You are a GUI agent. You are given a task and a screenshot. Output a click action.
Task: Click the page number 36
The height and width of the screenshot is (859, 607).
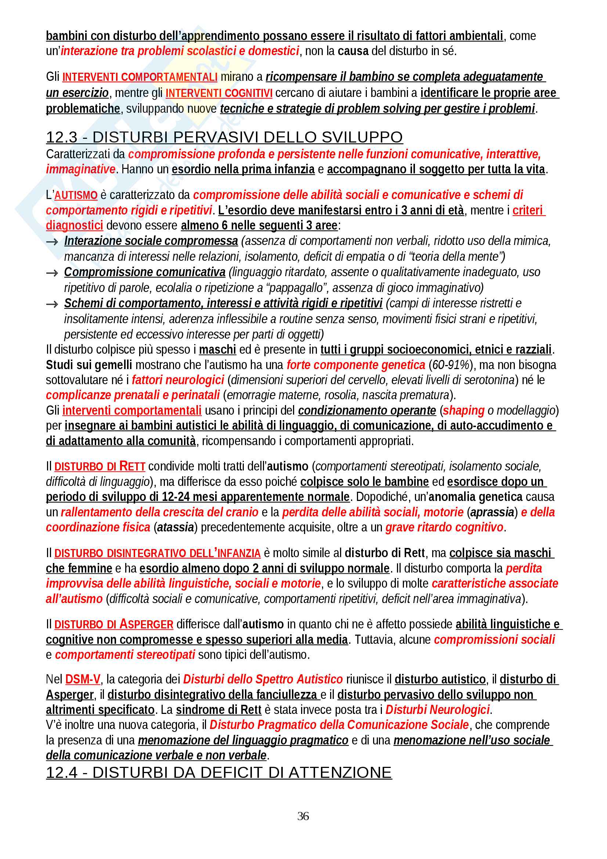(x=303, y=816)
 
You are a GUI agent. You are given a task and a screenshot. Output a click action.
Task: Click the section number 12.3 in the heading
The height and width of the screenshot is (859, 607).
(x=62, y=137)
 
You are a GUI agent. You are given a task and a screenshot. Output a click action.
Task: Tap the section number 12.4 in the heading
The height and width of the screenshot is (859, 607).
(x=62, y=773)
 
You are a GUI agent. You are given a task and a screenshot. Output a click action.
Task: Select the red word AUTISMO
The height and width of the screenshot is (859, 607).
(x=76, y=195)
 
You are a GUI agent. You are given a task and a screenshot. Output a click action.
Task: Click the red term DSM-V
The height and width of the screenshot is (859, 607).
(x=83, y=679)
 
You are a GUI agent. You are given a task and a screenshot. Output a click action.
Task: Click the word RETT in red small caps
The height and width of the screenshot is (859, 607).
(x=132, y=466)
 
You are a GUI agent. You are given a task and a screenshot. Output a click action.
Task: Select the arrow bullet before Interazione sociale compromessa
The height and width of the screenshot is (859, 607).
(x=52, y=242)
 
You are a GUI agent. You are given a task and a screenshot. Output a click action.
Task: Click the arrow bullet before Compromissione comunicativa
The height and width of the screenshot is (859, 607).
(x=52, y=273)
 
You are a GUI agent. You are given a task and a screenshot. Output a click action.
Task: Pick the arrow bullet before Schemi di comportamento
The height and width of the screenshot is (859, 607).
(x=52, y=304)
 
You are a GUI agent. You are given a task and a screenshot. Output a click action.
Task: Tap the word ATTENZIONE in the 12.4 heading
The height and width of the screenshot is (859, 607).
(x=340, y=773)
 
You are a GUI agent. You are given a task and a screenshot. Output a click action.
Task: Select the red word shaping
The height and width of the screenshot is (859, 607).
(x=463, y=411)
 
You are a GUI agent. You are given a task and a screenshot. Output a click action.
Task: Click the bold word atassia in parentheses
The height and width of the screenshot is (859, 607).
(x=176, y=527)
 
